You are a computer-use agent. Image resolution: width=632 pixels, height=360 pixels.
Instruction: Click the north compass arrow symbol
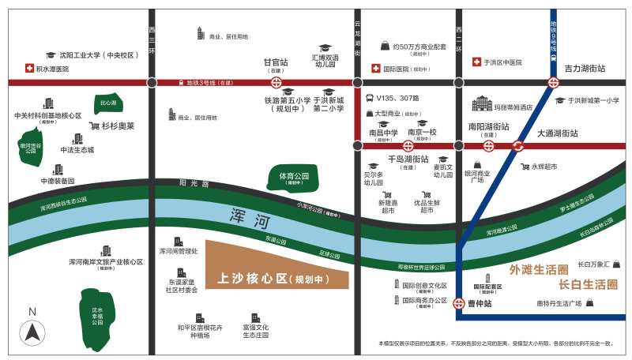32,331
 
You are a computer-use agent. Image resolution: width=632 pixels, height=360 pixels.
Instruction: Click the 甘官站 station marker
276,82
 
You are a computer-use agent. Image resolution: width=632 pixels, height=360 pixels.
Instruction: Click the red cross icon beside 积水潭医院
30,69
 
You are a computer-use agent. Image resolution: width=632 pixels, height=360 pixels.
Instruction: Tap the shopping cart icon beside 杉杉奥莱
94,126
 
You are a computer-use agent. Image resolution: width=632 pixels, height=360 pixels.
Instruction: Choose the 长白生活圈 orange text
588,284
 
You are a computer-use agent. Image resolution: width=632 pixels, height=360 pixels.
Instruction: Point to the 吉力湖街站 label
585,69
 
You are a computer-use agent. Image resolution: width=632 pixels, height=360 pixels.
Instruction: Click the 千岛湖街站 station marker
408,145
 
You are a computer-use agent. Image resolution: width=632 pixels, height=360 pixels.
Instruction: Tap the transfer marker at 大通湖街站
517,145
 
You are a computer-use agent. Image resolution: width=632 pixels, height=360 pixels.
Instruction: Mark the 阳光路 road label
194,182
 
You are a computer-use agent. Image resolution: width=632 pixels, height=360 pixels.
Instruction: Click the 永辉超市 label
544,167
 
